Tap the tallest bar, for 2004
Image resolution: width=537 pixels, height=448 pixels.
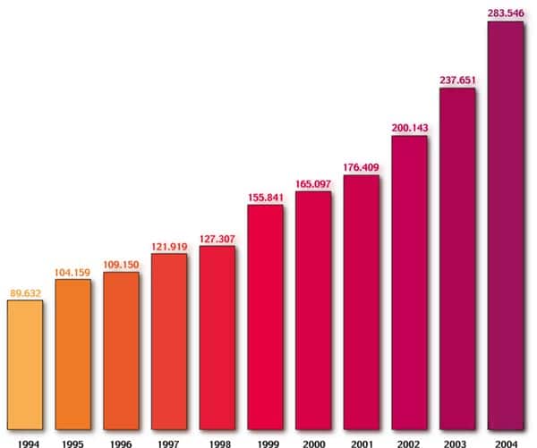point(506,224)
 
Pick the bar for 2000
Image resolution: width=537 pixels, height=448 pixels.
point(313,309)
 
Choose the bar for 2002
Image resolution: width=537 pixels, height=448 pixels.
point(410,282)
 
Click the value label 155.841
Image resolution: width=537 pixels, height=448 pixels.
point(265,196)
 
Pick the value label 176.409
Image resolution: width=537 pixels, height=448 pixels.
point(362,165)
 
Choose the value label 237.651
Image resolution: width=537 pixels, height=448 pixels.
point(457,80)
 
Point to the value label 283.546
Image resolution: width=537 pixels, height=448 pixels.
point(506,13)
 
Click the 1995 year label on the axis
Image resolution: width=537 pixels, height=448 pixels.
point(72,441)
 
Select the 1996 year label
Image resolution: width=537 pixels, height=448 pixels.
point(121,441)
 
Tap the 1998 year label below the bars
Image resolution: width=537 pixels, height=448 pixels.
point(217,441)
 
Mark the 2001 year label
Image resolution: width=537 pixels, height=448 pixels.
point(362,441)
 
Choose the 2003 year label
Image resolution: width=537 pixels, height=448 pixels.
point(457,441)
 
